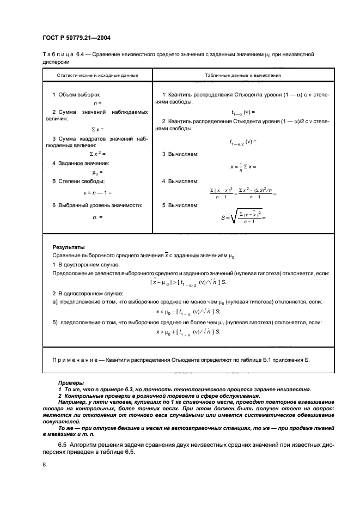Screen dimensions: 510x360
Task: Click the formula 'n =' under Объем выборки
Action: (97, 103)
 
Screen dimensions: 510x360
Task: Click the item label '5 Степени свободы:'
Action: (78, 180)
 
